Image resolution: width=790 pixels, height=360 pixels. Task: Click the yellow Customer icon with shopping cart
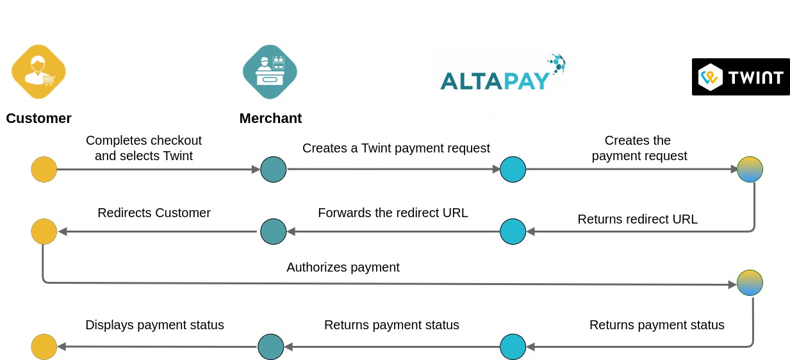click(x=38, y=72)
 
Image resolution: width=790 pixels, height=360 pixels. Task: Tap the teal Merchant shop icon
click(x=270, y=72)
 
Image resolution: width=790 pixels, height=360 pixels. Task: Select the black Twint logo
click(x=740, y=77)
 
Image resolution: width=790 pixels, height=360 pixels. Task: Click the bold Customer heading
click(x=38, y=119)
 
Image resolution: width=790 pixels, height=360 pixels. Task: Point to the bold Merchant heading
click(x=270, y=119)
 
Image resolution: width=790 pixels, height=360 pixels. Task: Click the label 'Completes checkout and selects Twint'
click(x=144, y=147)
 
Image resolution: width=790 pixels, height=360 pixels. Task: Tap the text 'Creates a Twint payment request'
click(x=396, y=148)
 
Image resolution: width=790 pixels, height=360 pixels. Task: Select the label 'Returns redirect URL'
click(x=637, y=219)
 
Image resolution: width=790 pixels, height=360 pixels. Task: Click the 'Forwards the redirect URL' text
click(x=393, y=213)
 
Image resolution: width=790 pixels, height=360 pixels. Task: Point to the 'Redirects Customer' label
click(x=154, y=213)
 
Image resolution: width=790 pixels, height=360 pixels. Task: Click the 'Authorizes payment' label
click(x=343, y=267)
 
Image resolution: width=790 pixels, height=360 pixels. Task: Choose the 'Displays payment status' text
click(x=154, y=325)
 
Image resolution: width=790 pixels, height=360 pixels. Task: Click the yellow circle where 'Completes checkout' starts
click(x=44, y=170)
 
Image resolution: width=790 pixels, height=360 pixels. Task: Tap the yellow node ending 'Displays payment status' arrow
click(x=44, y=347)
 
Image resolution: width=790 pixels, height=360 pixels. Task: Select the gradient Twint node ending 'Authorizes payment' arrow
click(x=750, y=282)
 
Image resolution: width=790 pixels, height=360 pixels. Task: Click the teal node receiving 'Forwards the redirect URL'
click(x=274, y=231)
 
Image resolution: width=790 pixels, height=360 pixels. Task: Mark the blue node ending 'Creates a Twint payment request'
click(x=513, y=170)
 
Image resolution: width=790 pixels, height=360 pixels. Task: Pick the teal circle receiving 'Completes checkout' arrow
click(x=274, y=170)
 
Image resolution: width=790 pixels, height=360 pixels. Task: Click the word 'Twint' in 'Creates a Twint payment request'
click(x=376, y=148)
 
